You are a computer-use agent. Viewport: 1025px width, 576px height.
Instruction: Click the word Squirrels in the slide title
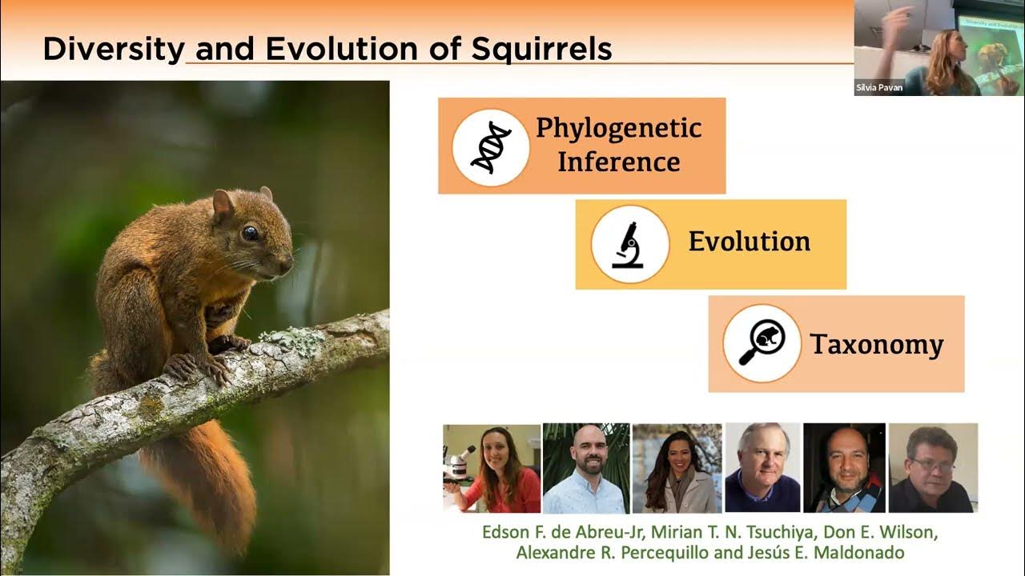(x=541, y=50)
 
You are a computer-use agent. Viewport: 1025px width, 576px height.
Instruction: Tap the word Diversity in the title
(x=114, y=50)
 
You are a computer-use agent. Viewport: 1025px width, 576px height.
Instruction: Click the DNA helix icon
(x=491, y=147)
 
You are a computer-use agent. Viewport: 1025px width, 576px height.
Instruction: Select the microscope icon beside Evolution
(x=629, y=245)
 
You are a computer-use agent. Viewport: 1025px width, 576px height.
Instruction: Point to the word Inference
(x=619, y=162)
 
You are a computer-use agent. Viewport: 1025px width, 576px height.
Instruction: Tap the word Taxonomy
(x=877, y=345)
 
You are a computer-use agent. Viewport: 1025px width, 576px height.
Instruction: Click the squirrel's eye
(x=250, y=233)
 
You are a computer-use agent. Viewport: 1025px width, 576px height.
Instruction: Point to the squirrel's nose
(x=287, y=263)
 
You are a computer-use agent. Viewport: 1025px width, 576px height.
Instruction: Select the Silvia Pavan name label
(x=879, y=88)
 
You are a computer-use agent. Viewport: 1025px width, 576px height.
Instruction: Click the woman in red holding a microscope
(x=492, y=469)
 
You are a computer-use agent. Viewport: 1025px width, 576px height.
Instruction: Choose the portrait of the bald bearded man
(x=586, y=469)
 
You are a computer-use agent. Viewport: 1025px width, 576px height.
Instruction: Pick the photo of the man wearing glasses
(x=934, y=468)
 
